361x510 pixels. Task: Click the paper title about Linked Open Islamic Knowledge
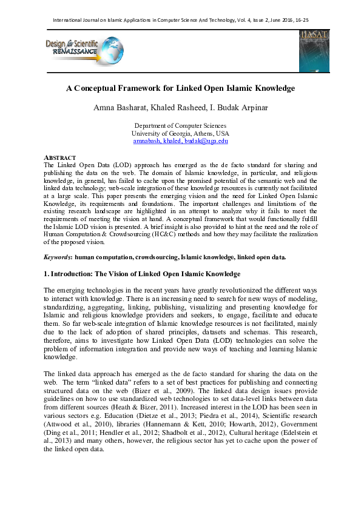[x=180, y=88]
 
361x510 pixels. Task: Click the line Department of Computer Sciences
[x=180, y=125]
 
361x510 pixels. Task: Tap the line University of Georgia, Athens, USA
[x=180, y=133]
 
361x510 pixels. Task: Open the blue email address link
[x=180, y=141]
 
